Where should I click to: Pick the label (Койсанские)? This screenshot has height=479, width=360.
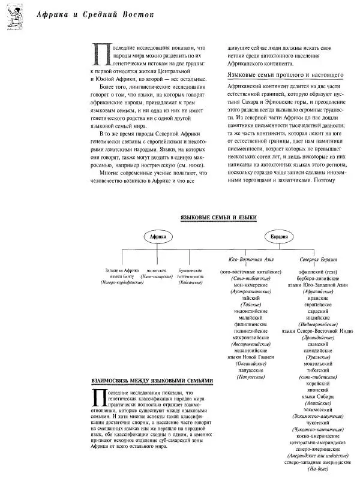click(190, 282)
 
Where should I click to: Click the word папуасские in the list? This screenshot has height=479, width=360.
click(248, 371)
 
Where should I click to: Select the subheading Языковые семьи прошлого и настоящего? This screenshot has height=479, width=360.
click(285, 75)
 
